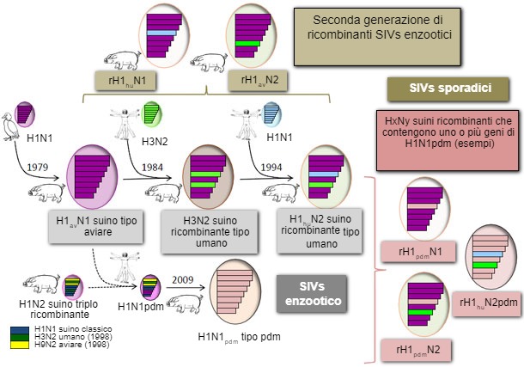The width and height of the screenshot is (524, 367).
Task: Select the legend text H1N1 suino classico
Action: click(73, 329)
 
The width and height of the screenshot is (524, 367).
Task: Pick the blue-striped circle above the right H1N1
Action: click(273, 115)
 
